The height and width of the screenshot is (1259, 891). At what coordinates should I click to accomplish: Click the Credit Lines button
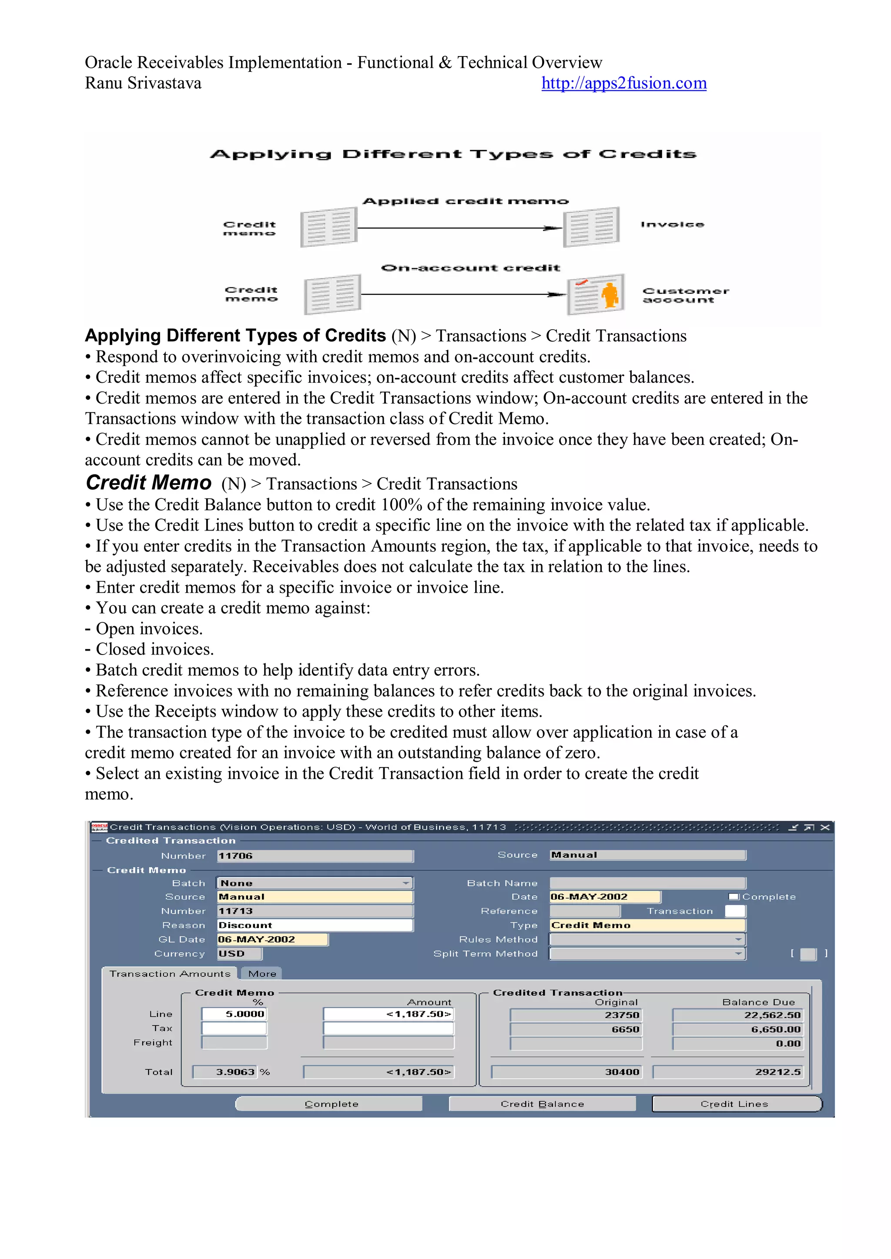coord(736,1104)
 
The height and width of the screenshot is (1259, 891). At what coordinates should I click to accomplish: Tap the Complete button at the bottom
coord(330,1104)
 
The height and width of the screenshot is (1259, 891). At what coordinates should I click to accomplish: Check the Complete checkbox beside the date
coord(734,897)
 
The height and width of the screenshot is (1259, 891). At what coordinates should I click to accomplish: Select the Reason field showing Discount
coord(315,925)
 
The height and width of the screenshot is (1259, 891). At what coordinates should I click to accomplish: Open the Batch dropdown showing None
coord(315,883)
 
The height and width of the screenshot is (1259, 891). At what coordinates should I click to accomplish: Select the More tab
coord(262,973)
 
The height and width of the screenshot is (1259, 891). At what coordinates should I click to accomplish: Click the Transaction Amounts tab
coord(170,973)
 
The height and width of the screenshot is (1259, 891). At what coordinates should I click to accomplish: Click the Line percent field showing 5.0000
coord(234,1014)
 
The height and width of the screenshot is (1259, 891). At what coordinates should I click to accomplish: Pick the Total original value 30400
coord(567,1072)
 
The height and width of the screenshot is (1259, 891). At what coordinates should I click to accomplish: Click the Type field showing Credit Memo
coord(647,925)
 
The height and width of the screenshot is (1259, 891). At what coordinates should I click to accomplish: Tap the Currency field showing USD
coord(239,954)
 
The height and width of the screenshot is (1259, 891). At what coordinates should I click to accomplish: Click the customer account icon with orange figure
coord(596,294)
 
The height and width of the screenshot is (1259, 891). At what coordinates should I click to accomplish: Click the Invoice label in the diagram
coord(672,224)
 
